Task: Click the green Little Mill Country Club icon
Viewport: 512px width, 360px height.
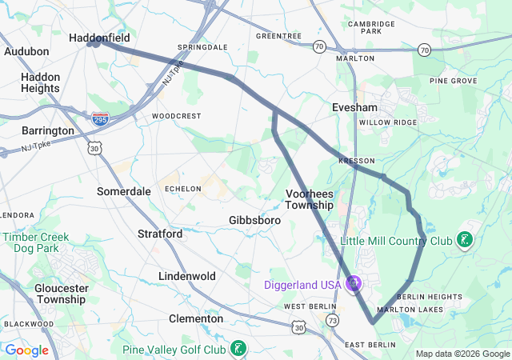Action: (x=464, y=240)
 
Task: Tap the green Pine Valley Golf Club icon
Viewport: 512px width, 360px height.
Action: (x=238, y=349)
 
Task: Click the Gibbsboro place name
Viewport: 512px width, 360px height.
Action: (x=254, y=220)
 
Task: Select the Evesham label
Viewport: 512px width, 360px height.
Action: (x=354, y=106)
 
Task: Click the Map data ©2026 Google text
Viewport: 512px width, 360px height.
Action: (x=462, y=354)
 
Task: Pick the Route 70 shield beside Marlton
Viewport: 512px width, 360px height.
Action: (x=319, y=46)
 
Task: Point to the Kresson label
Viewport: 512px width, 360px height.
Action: (x=356, y=161)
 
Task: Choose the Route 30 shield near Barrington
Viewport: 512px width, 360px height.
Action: (x=95, y=149)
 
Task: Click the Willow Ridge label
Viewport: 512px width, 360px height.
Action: (x=388, y=122)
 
